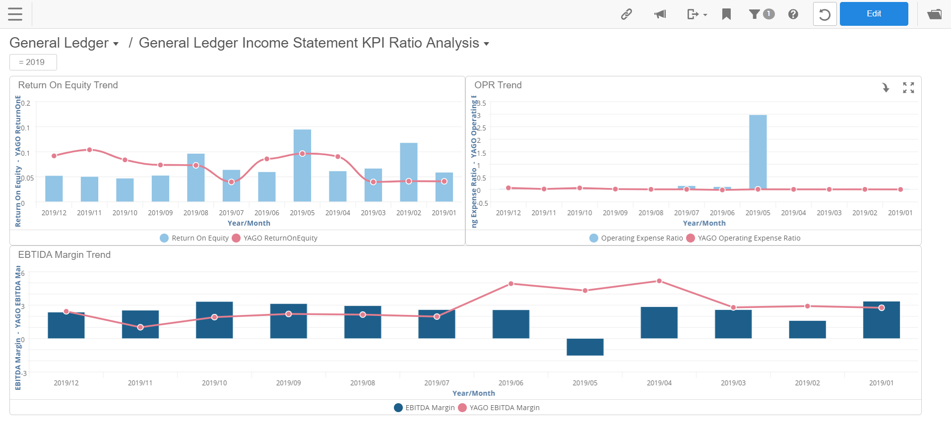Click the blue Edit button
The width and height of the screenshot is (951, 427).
pyautogui.click(x=873, y=14)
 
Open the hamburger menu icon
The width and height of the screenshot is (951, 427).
pyautogui.click(x=15, y=14)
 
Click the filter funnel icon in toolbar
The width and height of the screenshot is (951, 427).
pyautogui.click(x=755, y=14)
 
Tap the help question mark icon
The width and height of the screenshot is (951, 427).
pyautogui.click(x=793, y=14)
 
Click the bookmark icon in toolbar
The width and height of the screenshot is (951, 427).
pyautogui.click(x=726, y=14)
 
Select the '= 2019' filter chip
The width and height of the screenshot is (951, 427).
pyautogui.click(x=33, y=62)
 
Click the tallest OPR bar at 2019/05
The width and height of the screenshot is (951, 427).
pyautogui.click(x=758, y=149)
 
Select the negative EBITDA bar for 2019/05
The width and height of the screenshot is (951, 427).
pyautogui.click(x=585, y=347)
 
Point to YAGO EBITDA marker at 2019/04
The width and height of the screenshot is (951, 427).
pyautogui.click(x=659, y=281)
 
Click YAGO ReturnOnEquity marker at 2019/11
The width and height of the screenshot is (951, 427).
pyautogui.click(x=89, y=150)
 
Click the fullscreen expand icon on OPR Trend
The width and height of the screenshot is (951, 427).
pyautogui.click(x=908, y=88)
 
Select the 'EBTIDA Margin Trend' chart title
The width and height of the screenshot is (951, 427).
pyautogui.click(x=64, y=254)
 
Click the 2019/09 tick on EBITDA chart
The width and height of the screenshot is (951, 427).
pyautogui.click(x=288, y=383)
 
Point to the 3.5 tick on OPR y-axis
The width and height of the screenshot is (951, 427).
pyautogui.click(x=481, y=103)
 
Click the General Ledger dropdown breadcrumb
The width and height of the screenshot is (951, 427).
pyautogui.click(x=64, y=43)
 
